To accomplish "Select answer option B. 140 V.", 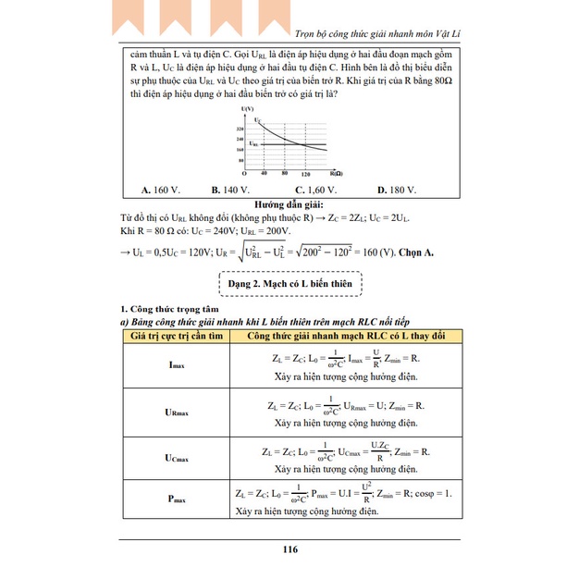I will point(231,190).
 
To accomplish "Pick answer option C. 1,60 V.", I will point(307,190).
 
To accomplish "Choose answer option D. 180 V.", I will point(397,190).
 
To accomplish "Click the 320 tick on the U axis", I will point(240,129).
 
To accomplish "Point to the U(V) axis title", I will point(245,110).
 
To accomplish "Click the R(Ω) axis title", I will point(339,173).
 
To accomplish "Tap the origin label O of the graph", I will point(243,173).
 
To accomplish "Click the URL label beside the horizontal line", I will point(240,145).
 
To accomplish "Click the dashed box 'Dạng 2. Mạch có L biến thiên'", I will point(289,280).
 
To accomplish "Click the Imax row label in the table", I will point(178,365).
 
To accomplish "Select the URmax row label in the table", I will point(178,412).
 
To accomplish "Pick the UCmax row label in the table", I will point(178,458).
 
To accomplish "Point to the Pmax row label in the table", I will point(178,500).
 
